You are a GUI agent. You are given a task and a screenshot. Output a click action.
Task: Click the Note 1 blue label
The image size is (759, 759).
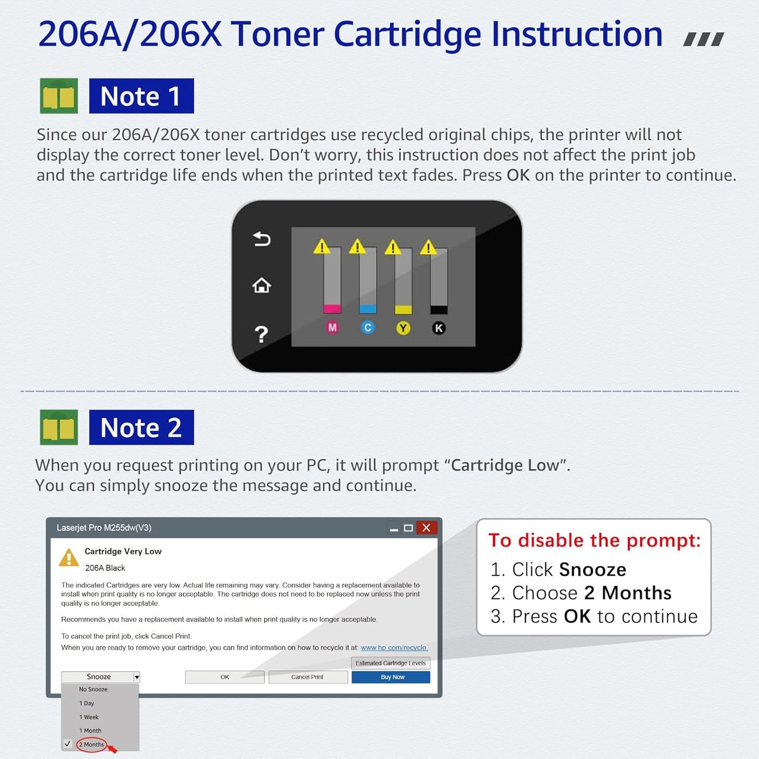141,96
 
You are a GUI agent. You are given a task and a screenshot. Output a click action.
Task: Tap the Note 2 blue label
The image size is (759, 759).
141,427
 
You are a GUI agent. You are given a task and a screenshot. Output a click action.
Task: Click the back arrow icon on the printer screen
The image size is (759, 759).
262,240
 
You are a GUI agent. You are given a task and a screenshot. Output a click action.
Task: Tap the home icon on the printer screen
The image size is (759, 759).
262,286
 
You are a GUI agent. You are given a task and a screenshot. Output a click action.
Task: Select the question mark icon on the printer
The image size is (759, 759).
261,334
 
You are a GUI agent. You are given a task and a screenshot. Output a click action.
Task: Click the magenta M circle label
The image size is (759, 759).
332,328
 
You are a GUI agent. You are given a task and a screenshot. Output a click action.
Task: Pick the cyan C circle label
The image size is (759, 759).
368,328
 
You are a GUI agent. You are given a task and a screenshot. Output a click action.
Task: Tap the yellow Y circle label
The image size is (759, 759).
403,328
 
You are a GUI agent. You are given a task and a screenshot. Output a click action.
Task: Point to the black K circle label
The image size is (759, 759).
439,328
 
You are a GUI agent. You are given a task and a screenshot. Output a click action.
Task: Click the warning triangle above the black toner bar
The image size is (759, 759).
428,247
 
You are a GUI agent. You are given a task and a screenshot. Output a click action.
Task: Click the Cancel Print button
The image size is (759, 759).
308,677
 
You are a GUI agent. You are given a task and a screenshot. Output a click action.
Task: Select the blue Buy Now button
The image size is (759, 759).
391,677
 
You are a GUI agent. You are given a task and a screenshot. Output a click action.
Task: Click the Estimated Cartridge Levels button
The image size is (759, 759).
390,663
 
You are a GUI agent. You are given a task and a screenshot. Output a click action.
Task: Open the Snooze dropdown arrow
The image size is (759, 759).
137,677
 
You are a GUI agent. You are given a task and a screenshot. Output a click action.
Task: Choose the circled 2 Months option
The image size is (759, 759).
92,744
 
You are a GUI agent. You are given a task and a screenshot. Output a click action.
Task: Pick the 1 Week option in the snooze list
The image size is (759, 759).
89,717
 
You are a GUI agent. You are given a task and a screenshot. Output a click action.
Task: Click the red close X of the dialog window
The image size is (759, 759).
427,528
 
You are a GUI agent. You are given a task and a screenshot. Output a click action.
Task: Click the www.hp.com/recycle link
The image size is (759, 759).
394,648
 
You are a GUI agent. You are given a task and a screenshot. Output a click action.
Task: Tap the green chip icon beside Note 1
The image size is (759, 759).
59,96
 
